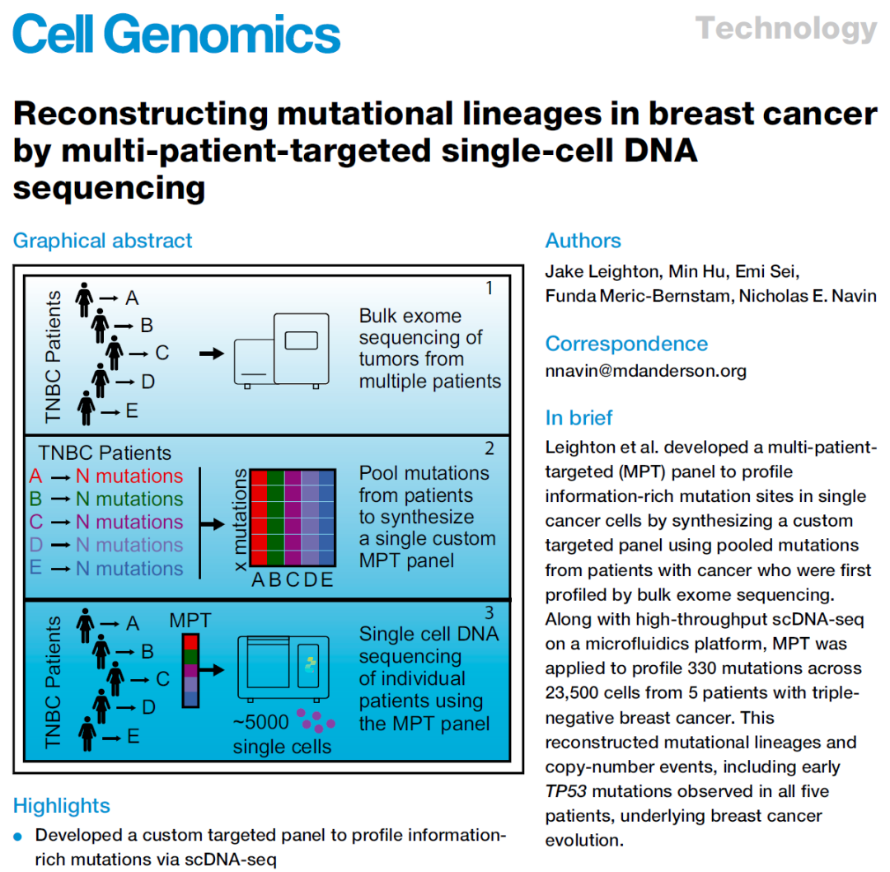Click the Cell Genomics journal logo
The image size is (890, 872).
(x=176, y=34)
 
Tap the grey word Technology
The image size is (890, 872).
(x=787, y=28)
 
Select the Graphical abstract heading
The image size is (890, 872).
(x=103, y=240)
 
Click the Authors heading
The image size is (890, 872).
(x=583, y=240)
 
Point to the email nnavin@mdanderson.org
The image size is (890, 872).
(x=646, y=371)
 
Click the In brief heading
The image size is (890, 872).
(x=579, y=418)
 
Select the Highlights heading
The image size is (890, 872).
(x=61, y=805)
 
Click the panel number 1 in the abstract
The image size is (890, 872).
(x=489, y=288)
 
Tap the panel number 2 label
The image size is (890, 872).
(x=489, y=448)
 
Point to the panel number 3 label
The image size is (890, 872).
(x=489, y=612)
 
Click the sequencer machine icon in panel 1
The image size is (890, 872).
(x=282, y=350)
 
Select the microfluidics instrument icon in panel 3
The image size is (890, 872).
(x=283, y=668)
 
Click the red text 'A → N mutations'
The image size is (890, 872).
(x=106, y=476)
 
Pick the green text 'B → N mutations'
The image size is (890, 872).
(x=106, y=499)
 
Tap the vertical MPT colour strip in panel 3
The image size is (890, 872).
(x=190, y=671)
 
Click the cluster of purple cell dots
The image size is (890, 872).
(x=316, y=720)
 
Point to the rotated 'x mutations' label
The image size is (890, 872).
(x=240, y=519)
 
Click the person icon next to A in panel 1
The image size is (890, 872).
(x=84, y=299)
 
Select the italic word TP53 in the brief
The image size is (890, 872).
(x=565, y=791)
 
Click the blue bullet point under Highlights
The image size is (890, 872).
(x=17, y=837)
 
